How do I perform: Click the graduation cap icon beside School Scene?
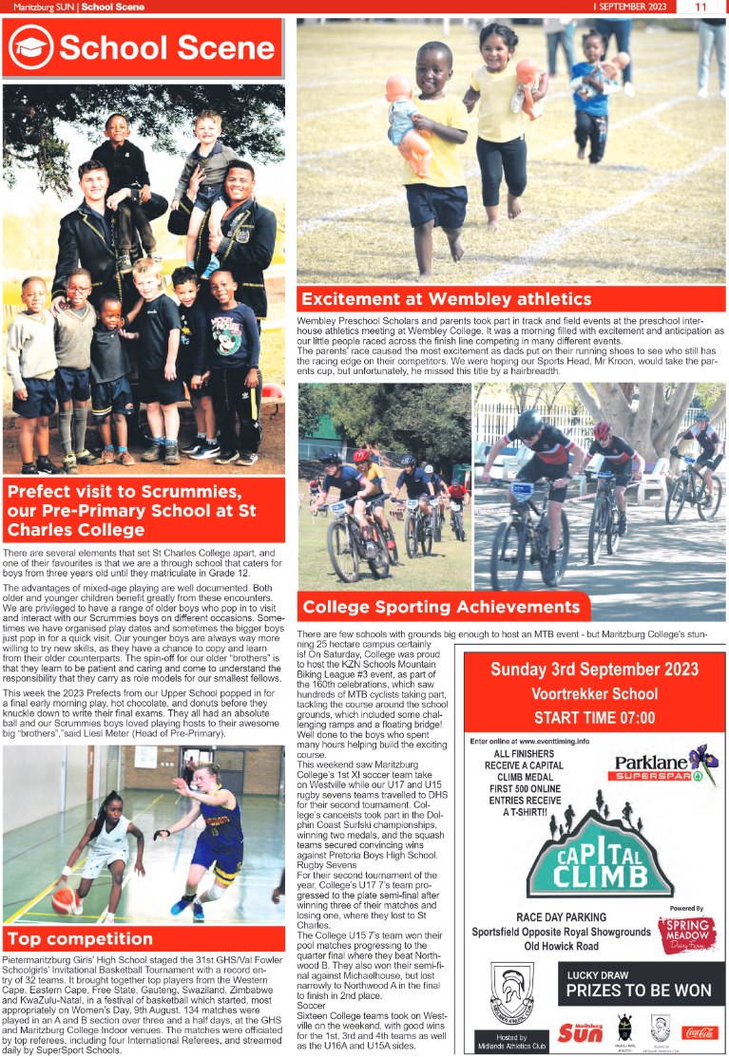[x=31, y=47]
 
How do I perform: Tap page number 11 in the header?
[x=701, y=7]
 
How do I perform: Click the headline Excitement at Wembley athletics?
[x=446, y=299]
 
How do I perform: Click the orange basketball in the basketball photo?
[x=66, y=898]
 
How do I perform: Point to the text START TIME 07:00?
[x=595, y=718]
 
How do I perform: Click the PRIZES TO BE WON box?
[x=639, y=991]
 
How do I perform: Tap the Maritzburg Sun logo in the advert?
[x=581, y=1031]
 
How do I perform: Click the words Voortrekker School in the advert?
[x=594, y=693]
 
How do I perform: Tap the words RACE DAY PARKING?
[x=561, y=917]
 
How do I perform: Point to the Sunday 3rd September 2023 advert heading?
[x=594, y=670]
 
